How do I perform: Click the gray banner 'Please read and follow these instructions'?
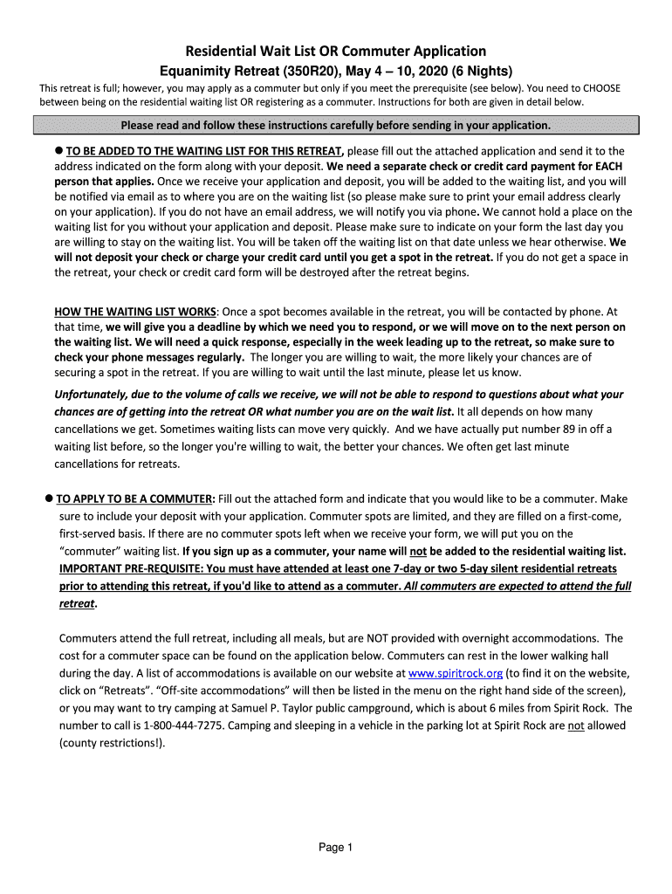(335, 125)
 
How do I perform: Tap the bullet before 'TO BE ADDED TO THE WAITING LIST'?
(58, 150)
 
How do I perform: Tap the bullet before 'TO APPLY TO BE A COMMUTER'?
(49, 499)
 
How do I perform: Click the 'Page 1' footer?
(335, 848)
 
